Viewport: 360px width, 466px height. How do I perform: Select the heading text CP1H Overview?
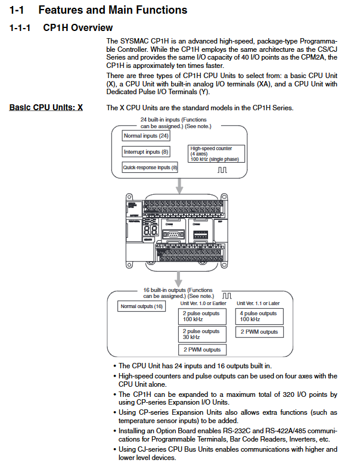[78, 28]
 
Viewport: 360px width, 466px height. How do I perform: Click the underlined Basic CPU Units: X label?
[46, 108]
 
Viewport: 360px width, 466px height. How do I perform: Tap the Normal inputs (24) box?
[147, 136]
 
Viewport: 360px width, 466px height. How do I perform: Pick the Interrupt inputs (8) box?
[145, 152]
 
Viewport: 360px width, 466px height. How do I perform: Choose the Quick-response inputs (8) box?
[150, 167]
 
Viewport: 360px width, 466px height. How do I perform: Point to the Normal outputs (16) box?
[141, 306]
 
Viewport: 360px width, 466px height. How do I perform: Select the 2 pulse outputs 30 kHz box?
[202, 334]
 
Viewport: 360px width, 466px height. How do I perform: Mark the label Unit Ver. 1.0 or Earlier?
[203, 303]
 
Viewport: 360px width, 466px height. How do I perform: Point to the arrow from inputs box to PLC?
[178, 185]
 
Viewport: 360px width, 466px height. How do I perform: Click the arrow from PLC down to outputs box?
[178, 278]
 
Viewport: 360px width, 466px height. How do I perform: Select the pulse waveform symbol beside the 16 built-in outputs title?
[226, 295]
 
